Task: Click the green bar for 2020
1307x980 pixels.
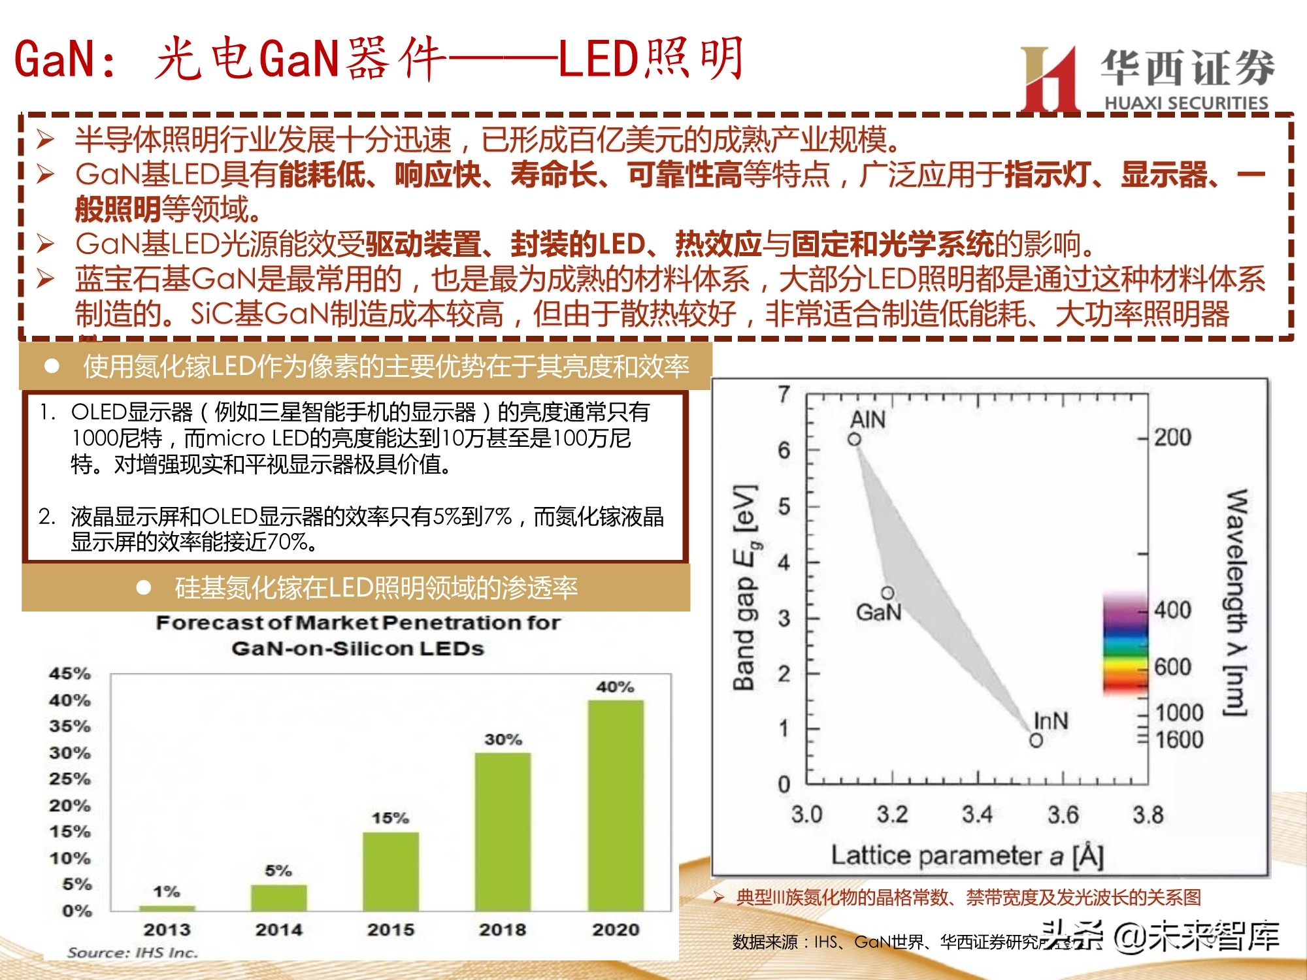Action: (616, 805)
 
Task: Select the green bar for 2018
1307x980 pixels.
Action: (503, 831)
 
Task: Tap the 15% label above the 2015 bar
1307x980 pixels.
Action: (390, 818)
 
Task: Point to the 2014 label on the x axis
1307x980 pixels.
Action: (279, 929)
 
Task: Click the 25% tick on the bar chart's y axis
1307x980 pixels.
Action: (69, 779)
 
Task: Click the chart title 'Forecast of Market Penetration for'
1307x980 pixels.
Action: (357, 623)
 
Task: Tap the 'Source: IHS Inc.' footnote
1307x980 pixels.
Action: (132, 953)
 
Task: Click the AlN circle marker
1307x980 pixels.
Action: (854, 440)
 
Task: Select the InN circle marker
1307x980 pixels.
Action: (1036, 740)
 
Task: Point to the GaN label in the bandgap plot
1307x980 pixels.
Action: (878, 612)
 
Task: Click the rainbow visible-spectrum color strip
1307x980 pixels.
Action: (1125, 644)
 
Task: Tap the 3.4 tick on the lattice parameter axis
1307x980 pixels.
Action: (977, 815)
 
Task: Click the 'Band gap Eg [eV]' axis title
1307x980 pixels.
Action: (745, 588)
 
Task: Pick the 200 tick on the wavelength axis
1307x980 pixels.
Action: (1172, 437)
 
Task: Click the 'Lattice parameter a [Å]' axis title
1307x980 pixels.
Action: (967, 855)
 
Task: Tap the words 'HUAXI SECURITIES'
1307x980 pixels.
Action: (1186, 103)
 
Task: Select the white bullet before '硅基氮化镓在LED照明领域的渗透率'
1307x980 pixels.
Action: (144, 588)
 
